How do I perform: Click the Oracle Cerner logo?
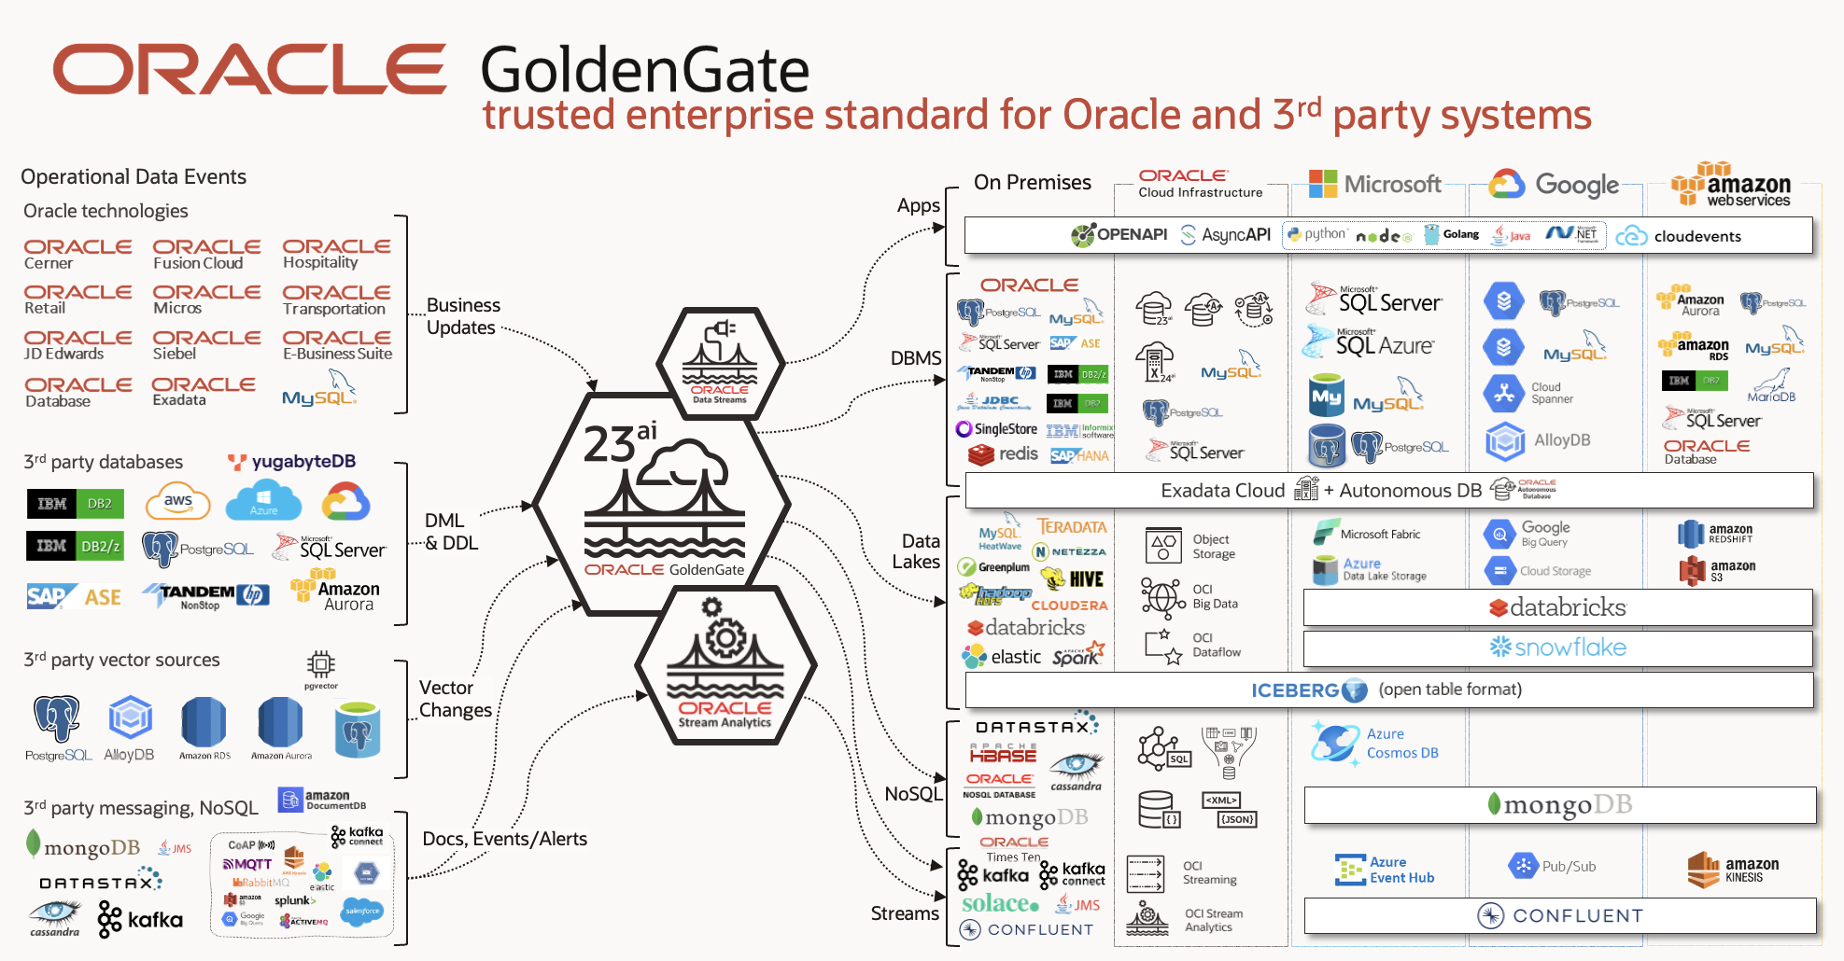point(77,254)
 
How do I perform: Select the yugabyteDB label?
point(292,462)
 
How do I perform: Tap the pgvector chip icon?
point(320,665)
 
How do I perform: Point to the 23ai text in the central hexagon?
point(620,442)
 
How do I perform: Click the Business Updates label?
point(463,316)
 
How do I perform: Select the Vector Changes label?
point(455,699)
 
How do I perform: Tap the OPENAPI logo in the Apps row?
point(1119,235)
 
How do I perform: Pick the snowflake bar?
point(1557,648)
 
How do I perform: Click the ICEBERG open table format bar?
point(1387,690)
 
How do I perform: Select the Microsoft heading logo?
point(1374,184)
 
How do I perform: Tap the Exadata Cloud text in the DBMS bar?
point(1222,491)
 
